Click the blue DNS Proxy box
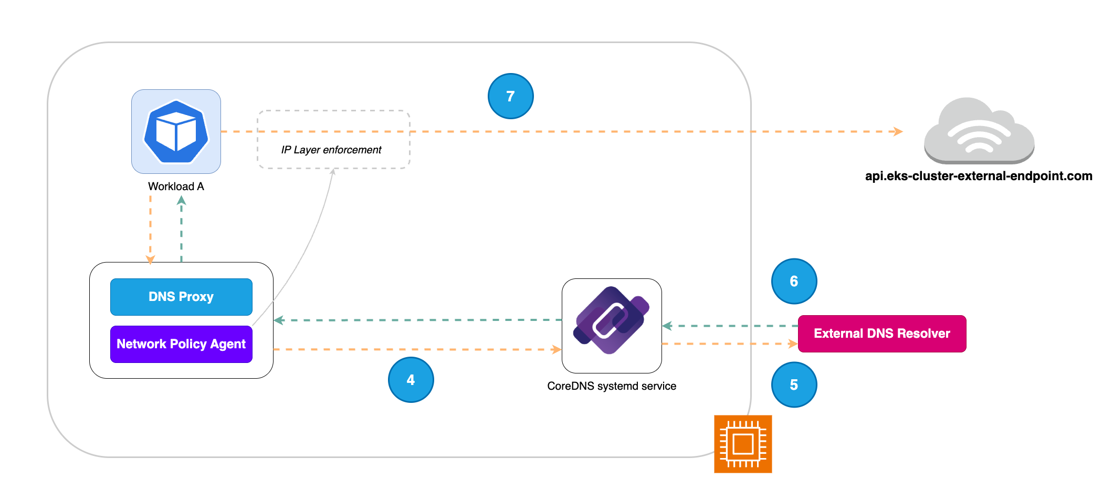(x=181, y=297)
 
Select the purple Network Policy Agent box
(x=181, y=344)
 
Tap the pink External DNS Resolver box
(x=882, y=334)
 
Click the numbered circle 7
(x=510, y=96)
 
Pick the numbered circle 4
(x=411, y=380)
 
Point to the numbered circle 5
(x=794, y=385)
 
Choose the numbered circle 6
(x=794, y=281)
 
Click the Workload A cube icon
(x=176, y=131)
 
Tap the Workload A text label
(x=176, y=186)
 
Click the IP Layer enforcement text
(x=331, y=150)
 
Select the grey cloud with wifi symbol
(x=979, y=131)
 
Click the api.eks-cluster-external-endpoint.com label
(x=979, y=176)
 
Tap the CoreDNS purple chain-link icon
(x=611, y=320)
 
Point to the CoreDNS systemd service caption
(x=611, y=386)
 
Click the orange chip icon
(x=743, y=444)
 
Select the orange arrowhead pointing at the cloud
(x=898, y=131)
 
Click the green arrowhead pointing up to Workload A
(x=181, y=200)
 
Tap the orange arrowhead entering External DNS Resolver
(x=793, y=344)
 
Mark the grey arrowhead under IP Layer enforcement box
(x=332, y=172)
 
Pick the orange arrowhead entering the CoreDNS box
(x=556, y=349)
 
